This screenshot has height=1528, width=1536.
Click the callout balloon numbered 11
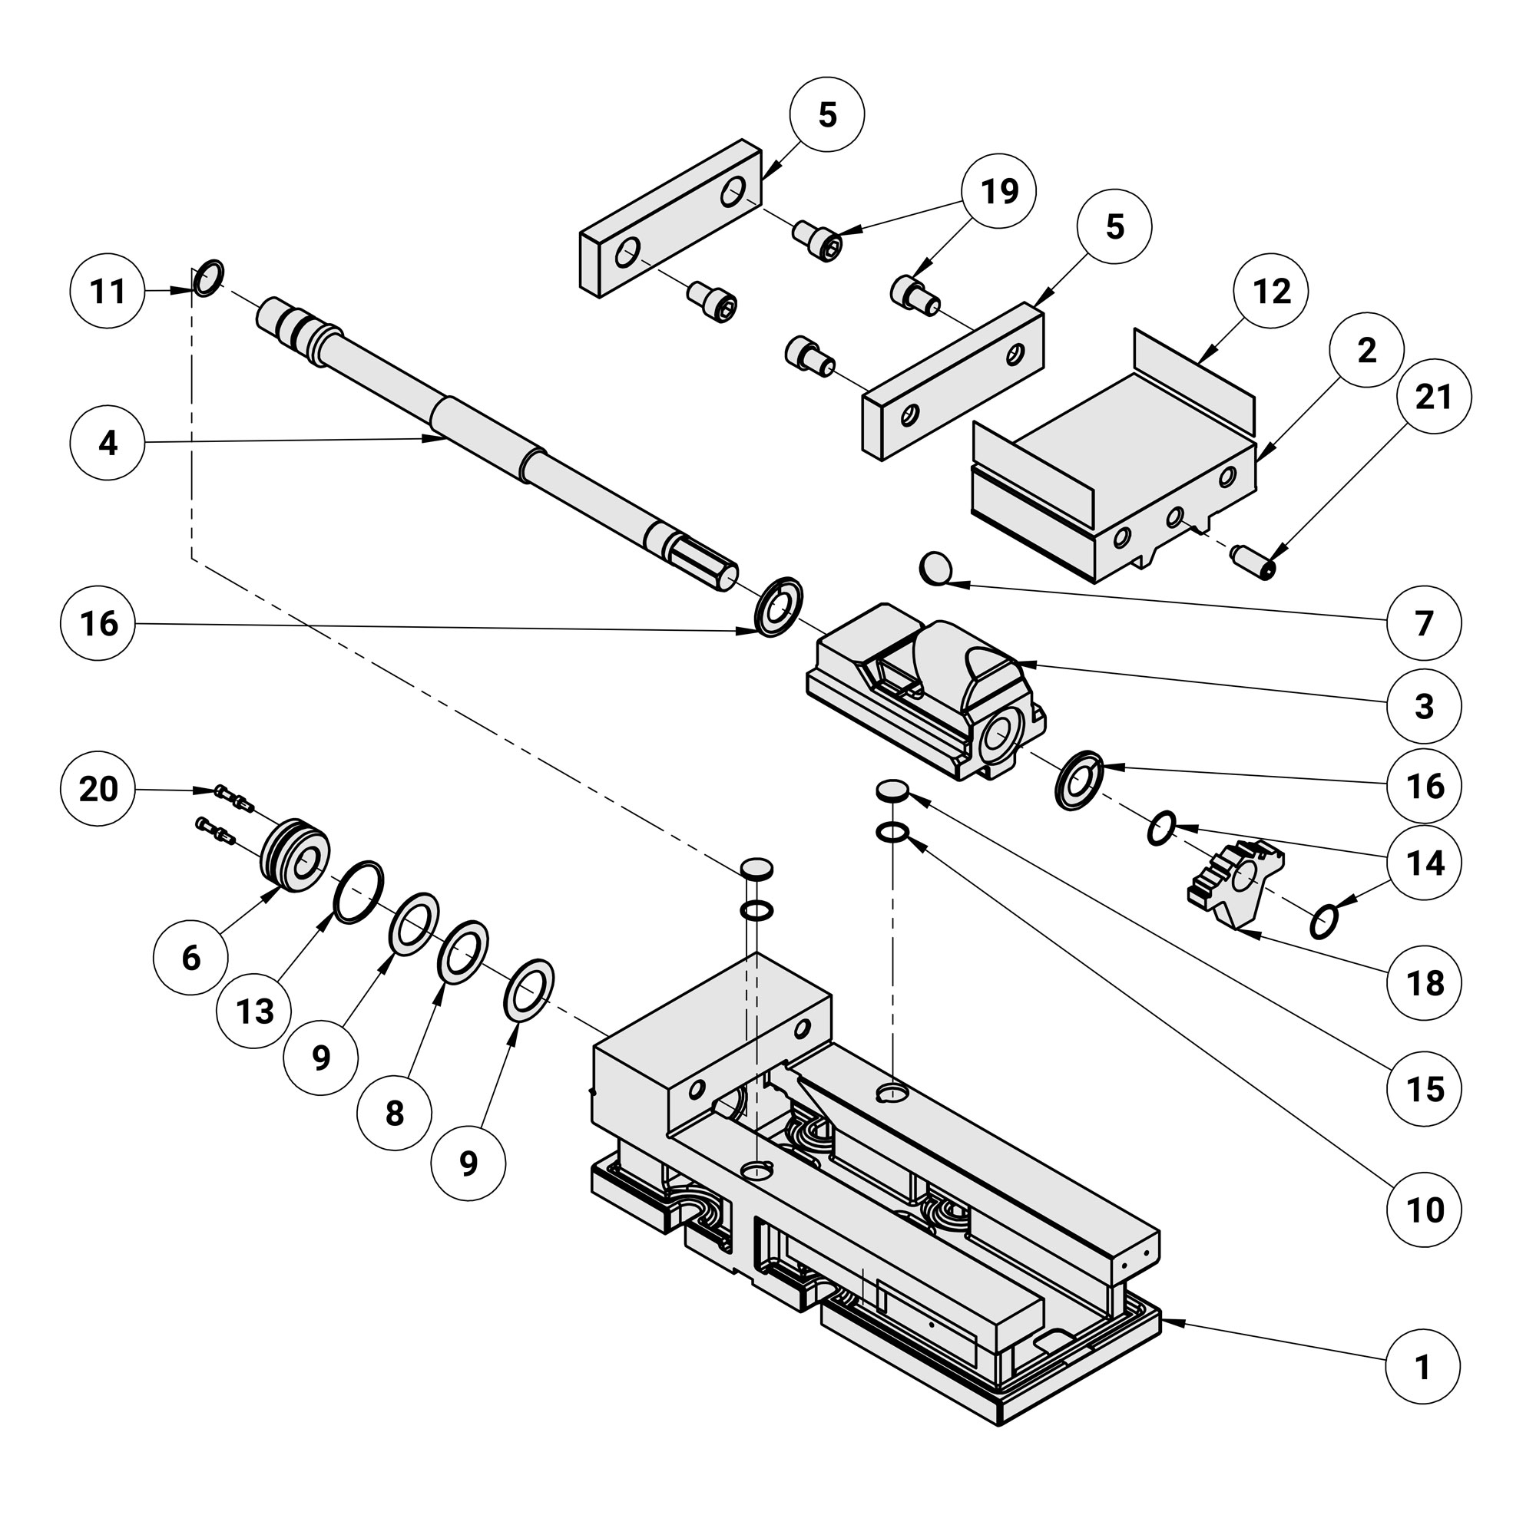pos(108,292)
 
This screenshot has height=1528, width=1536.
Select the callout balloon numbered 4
pos(108,444)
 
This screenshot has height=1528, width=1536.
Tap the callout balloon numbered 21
pos(1433,397)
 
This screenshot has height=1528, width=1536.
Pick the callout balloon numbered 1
pos(1423,1368)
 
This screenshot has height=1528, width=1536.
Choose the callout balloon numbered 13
pos(254,1012)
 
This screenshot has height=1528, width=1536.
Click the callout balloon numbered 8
pos(394,1114)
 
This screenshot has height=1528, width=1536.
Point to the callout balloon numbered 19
pos(998,192)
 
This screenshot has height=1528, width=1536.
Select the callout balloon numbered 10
pos(1424,1210)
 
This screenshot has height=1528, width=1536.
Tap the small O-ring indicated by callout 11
pos(208,277)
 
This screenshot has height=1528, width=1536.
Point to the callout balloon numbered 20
pos(98,790)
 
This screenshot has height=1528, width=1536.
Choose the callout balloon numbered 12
pos(1271,292)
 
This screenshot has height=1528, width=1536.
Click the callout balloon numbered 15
pos(1424,1089)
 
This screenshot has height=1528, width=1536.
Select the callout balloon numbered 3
pos(1424,706)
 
